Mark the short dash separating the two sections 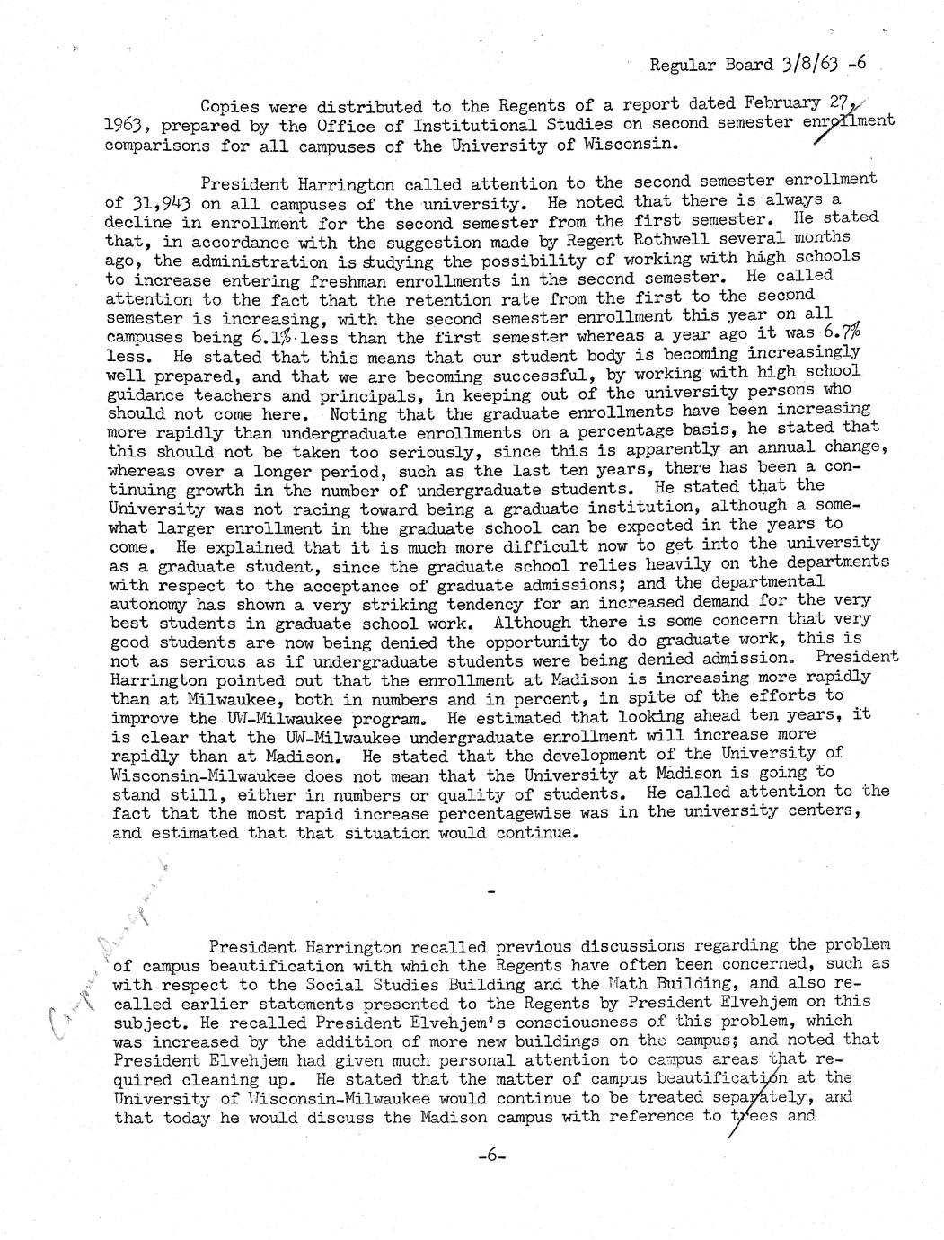tap(490, 891)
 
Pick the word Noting tap(359, 414)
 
